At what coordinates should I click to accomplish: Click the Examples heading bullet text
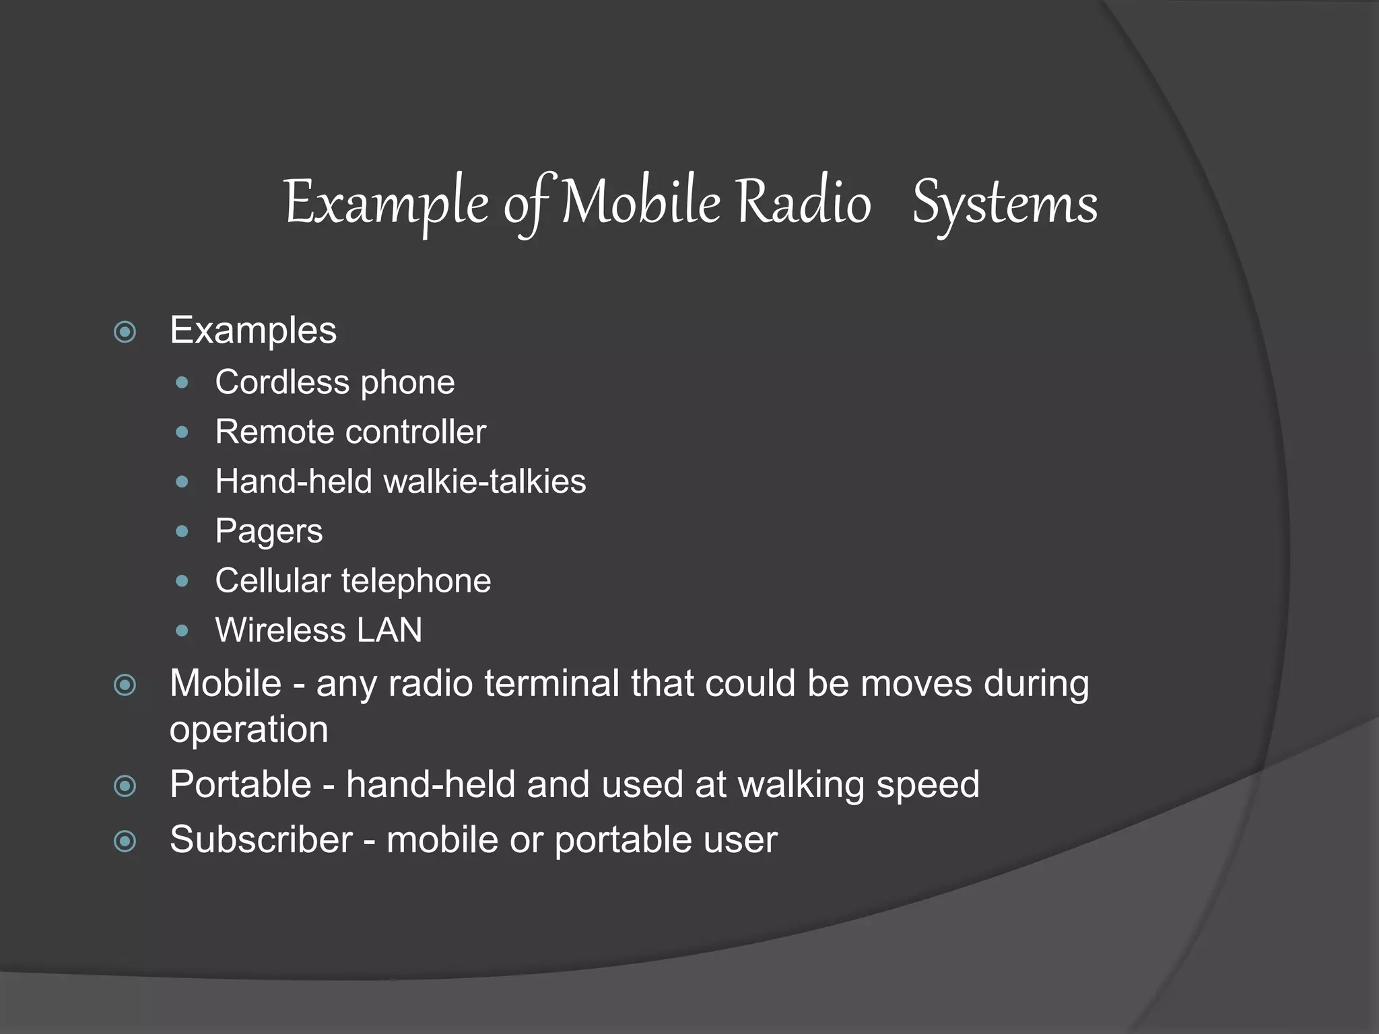pyautogui.click(x=253, y=331)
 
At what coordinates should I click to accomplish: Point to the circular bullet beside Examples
pyautogui.click(x=125, y=332)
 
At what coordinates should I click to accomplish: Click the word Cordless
pyautogui.click(x=282, y=382)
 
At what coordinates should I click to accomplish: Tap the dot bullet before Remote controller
pyautogui.click(x=182, y=432)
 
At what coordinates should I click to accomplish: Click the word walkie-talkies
pyautogui.click(x=484, y=482)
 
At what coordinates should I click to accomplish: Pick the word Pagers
pyautogui.click(x=269, y=532)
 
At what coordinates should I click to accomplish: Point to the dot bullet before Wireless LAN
pyautogui.click(x=182, y=631)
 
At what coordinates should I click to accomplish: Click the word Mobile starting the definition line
pyautogui.click(x=226, y=683)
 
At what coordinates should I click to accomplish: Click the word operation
pyautogui.click(x=248, y=730)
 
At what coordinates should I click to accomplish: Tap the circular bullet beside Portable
pyautogui.click(x=125, y=786)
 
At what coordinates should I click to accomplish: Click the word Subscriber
pyautogui.click(x=261, y=840)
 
